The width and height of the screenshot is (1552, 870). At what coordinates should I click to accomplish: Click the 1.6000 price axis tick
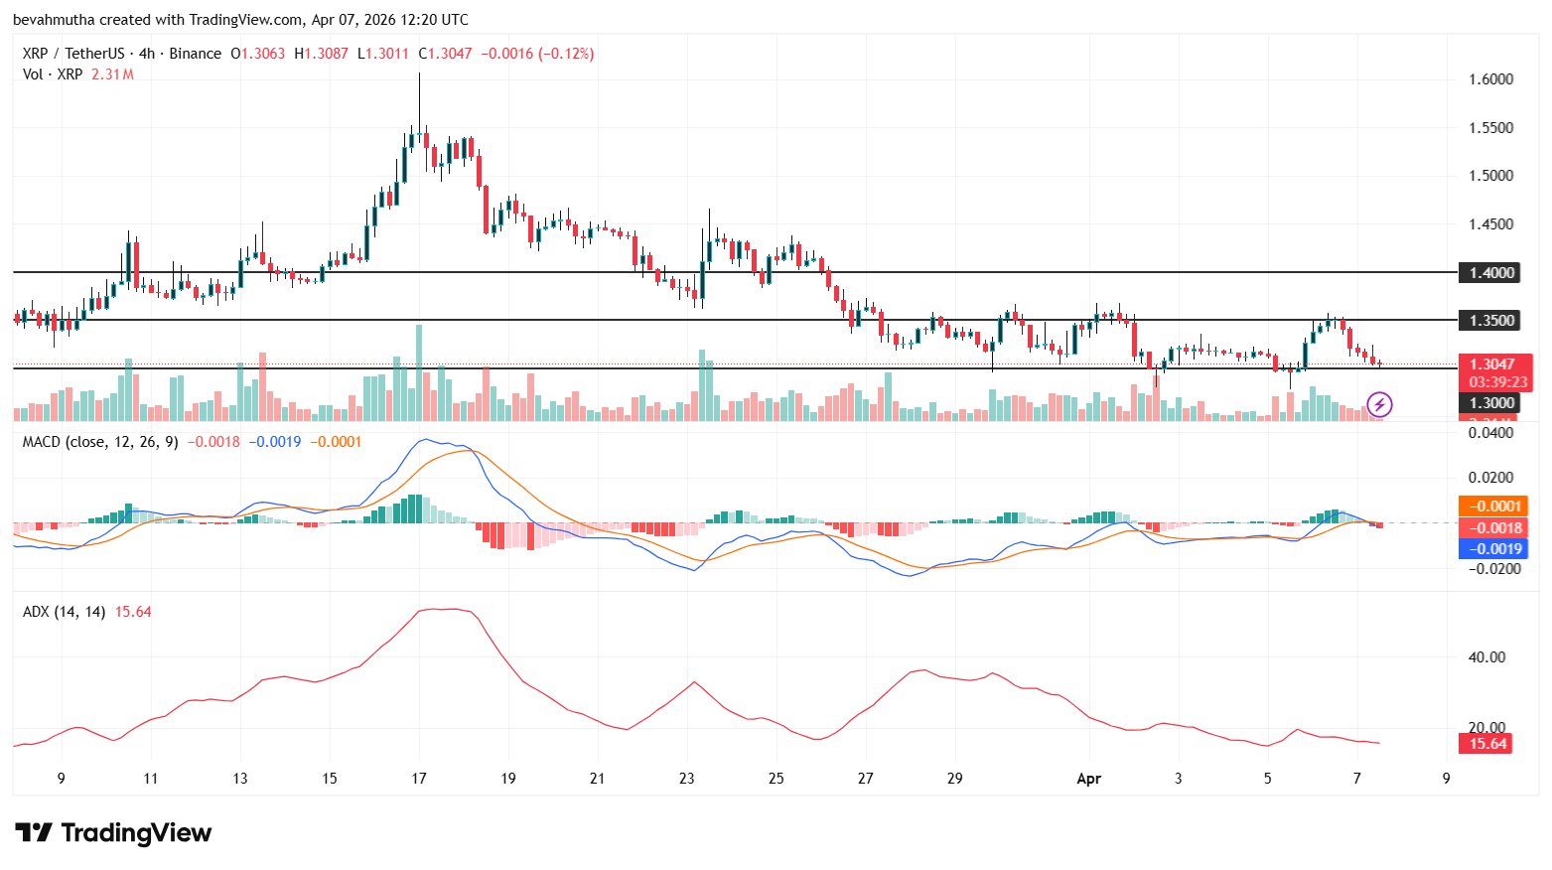click(x=1490, y=79)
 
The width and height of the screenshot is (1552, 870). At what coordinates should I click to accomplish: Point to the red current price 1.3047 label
click(x=1493, y=364)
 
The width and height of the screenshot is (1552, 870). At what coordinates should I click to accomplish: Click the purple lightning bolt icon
click(x=1379, y=404)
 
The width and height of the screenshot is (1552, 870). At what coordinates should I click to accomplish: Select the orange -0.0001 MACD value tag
click(x=1493, y=507)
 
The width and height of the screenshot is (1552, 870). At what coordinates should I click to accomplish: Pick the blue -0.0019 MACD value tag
click(x=1493, y=549)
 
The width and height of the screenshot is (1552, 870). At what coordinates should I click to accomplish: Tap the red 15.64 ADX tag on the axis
click(x=1486, y=743)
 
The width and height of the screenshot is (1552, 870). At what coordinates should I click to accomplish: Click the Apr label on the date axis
click(x=1088, y=779)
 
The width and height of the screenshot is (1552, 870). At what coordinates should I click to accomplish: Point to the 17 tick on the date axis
click(x=419, y=779)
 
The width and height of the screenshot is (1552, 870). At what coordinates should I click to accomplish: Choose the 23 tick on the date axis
click(x=687, y=779)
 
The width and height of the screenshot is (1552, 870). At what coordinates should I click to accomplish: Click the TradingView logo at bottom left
click(x=113, y=832)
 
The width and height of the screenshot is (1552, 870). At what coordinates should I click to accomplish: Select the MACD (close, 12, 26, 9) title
click(x=100, y=442)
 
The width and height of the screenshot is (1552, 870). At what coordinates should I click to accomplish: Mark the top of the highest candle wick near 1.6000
click(x=419, y=73)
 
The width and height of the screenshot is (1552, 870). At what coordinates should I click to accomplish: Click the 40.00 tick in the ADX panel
click(x=1486, y=657)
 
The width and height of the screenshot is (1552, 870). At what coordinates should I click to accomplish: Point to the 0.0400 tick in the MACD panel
click(x=1490, y=433)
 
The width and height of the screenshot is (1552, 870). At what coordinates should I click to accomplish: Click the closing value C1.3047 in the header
click(x=445, y=54)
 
